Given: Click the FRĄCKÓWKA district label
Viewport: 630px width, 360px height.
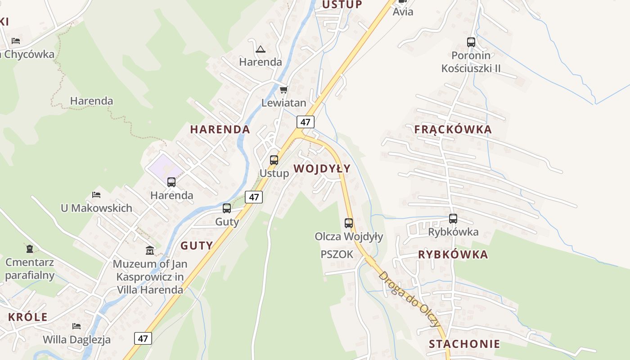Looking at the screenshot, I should pyautogui.click(x=453, y=130).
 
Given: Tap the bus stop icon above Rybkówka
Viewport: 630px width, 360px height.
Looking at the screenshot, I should pyautogui.click(x=453, y=219).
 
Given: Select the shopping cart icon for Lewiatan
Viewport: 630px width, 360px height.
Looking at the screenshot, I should pyautogui.click(x=283, y=90).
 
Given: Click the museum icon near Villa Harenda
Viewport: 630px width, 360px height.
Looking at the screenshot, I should pyautogui.click(x=150, y=250).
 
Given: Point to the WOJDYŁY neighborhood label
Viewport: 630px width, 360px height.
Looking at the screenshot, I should pyautogui.click(x=322, y=169).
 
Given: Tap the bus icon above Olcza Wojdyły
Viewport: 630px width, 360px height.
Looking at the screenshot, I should pyautogui.click(x=349, y=223).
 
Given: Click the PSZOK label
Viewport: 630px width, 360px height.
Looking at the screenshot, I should pyautogui.click(x=337, y=254).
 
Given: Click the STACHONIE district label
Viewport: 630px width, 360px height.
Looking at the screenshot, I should pyautogui.click(x=464, y=344).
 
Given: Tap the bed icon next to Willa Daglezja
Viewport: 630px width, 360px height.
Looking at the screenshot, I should pyautogui.click(x=76, y=326).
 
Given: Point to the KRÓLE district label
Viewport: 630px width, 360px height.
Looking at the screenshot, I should pyautogui.click(x=28, y=317).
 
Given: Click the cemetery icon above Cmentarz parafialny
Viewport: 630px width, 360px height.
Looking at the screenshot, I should pyautogui.click(x=30, y=248).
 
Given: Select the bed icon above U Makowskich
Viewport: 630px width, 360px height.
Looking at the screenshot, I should pyautogui.click(x=96, y=195).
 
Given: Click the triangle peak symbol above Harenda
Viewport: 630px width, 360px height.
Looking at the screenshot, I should pyautogui.click(x=260, y=49).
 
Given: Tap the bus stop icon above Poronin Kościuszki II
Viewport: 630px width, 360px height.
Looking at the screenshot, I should pyautogui.click(x=471, y=42).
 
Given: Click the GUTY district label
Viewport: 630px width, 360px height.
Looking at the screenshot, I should pyautogui.click(x=197, y=246).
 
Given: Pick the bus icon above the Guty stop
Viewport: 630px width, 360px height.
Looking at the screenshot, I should pyautogui.click(x=227, y=208).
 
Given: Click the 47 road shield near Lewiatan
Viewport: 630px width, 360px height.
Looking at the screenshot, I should pyautogui.click(x=306, y=122).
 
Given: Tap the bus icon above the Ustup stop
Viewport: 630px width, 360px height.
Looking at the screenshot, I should pyautogui.click(x=274, y=160).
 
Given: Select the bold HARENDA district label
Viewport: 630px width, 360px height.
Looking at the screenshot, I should pyautogui.click(x=220, y=130).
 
